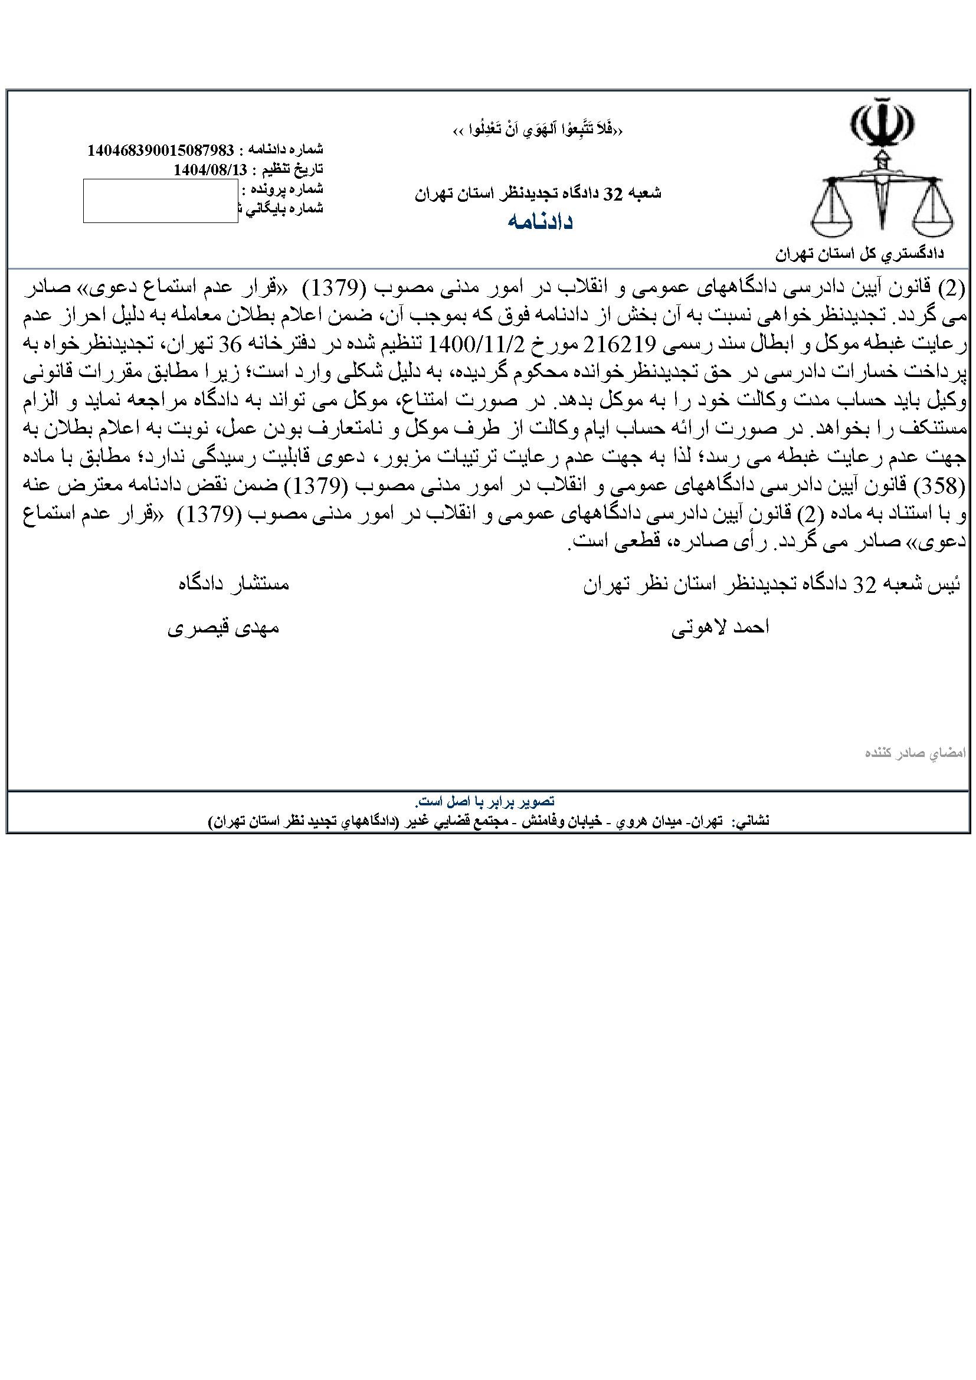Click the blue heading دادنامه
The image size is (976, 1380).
tap(540, 221)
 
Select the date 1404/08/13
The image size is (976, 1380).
tap(209, 169)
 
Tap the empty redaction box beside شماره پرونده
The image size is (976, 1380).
tap(161, 201)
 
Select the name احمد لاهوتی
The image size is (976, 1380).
tap(720, 628)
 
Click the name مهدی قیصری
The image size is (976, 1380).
tap(223, 628)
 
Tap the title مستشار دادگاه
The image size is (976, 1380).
tap(233, 584)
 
